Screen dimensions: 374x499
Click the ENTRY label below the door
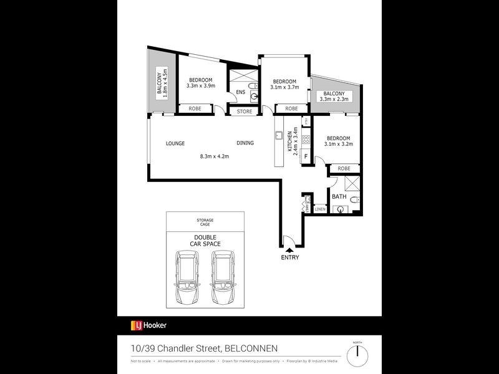[x=289, y=258]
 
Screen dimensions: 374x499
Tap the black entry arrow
[x=289, y=249]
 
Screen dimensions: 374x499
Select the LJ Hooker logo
[x=148, y=325]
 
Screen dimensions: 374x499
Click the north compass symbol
[x=357, y=355]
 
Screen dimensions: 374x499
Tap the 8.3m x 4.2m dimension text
[x=215, y=156]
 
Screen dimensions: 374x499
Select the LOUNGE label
[x=175, y=143]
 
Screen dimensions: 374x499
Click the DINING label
[x=245, y=143]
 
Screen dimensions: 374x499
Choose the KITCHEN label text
[x=291, y=141]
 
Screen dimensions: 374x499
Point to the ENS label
[x=240, y=94]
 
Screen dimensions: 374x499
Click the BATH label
[x=339, y=197]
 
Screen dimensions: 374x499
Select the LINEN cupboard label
[x=320, y=209]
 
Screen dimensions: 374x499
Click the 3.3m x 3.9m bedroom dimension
[x=201, y=87]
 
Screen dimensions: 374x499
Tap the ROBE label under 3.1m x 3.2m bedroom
[x=344, y=168]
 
